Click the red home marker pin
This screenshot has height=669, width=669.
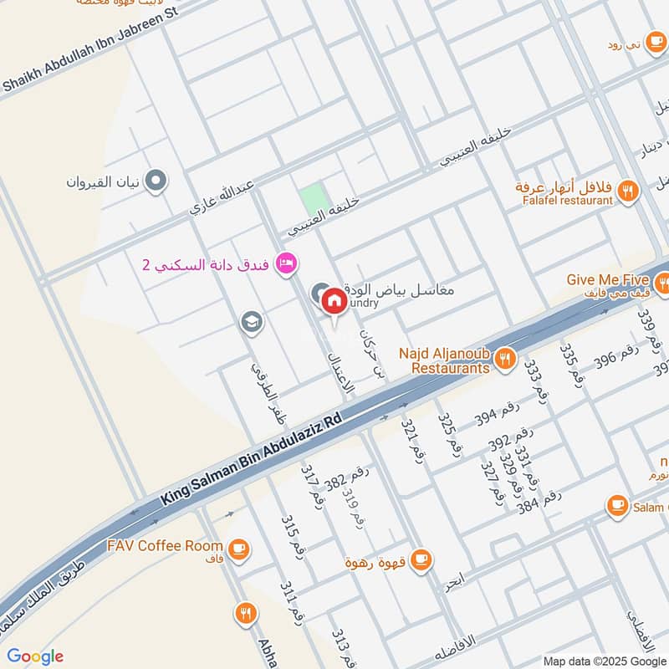tap(334, 300)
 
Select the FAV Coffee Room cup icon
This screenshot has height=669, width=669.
tap(238, 547)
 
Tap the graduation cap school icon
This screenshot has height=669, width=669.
tap(249, 321)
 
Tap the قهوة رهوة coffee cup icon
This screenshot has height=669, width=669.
tap(421, 559)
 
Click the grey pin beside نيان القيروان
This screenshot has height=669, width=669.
tap(156, 180)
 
